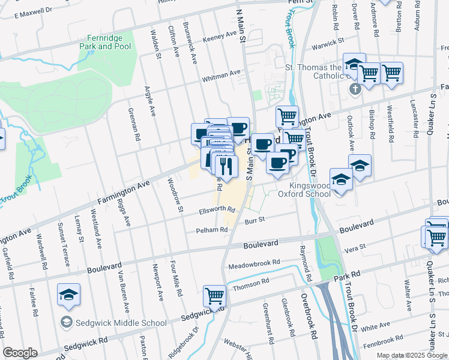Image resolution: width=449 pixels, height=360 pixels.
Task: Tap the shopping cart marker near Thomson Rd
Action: pyautogui.click(x=214, y=295)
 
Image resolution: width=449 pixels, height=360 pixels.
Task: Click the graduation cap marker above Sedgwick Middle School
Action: pyautogui.click(x=69, y=294)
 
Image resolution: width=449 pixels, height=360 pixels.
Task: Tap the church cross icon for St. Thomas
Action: pyautogui.click(x=355, y=89)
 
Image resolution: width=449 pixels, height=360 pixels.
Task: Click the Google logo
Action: pyautogui.click(x=20, y=352)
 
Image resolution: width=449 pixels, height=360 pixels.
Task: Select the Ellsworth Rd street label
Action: pyautogui.click(x=217, y=211)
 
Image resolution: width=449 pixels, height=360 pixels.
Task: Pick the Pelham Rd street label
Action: pyautogui.click(x=211, y=230)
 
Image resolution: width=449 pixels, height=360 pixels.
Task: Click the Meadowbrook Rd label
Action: pyautogui.click(x=254, y=263)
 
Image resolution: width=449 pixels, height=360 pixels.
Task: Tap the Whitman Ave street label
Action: pyautogui.click(x=221, y=75)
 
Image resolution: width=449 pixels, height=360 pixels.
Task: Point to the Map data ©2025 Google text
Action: pyautogui.click(x=411, y=355)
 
